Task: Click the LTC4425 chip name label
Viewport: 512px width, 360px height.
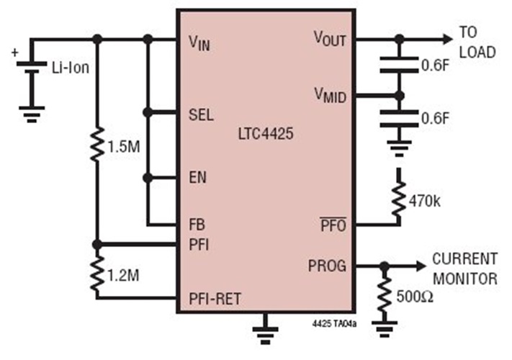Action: (x=265, y=134)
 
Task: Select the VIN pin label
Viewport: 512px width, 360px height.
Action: (x=199, y=42)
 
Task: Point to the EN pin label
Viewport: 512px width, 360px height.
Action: (x=197, y=175)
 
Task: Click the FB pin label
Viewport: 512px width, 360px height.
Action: (x=196, y=225)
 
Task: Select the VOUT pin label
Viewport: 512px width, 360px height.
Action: (x=329, y=39)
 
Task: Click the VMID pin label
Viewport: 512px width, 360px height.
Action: (x=330, y=94)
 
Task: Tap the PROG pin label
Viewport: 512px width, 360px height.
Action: (x=328, y=266)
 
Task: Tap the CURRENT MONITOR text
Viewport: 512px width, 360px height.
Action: (x=464, y=268)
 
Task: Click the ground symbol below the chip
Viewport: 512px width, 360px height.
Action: (x=266, y=329)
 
